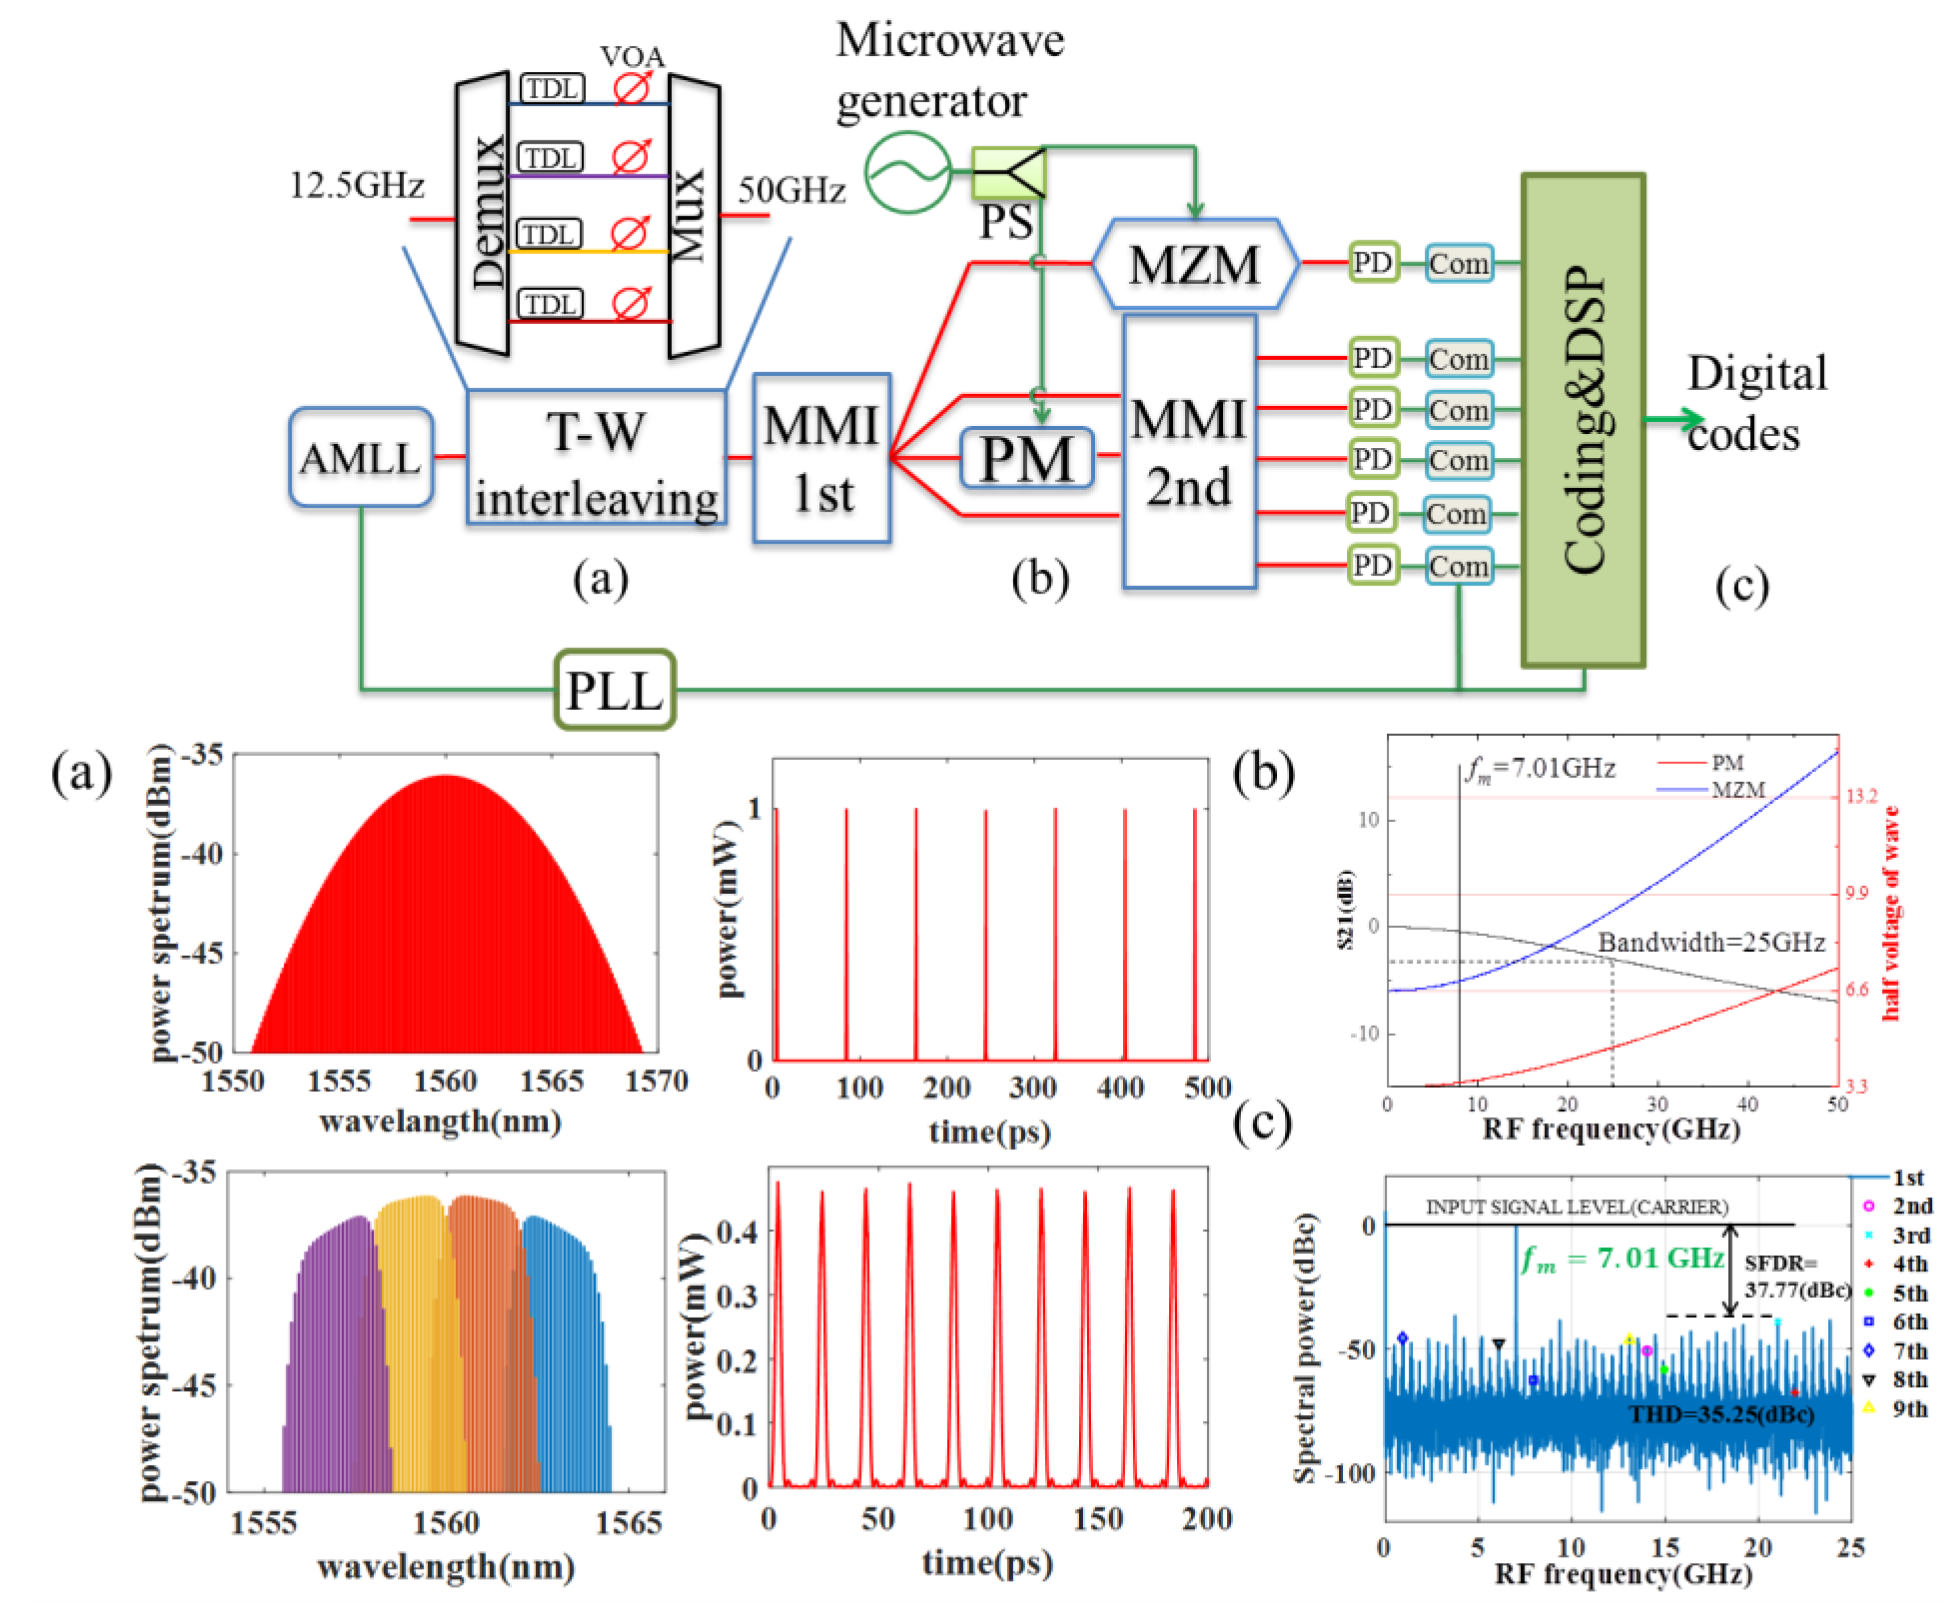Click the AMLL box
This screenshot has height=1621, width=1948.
(361, 457)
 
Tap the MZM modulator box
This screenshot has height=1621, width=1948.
(1195, 264)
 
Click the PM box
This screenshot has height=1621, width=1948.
(1027, 458)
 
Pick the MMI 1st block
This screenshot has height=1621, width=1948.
(821, 458)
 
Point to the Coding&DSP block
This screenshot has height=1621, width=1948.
(1583, 419)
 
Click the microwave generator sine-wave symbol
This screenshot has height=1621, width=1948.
(907, 172)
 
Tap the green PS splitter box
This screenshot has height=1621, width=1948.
(1009, 172)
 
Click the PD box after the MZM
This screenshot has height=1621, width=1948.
(1372, 264)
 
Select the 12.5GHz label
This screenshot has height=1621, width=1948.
(356, 186)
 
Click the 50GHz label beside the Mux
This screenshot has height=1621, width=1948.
(792, 190)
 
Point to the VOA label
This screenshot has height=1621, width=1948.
(632, 57)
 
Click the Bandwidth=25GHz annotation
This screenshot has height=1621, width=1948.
(1710, 942)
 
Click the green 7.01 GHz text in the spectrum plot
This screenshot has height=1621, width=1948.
(1623, 1258)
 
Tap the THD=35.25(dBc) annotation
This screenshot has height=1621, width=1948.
(1722, 1414)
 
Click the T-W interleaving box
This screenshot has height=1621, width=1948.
(596, 458)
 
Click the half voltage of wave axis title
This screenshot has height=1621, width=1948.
(1891, 914)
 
